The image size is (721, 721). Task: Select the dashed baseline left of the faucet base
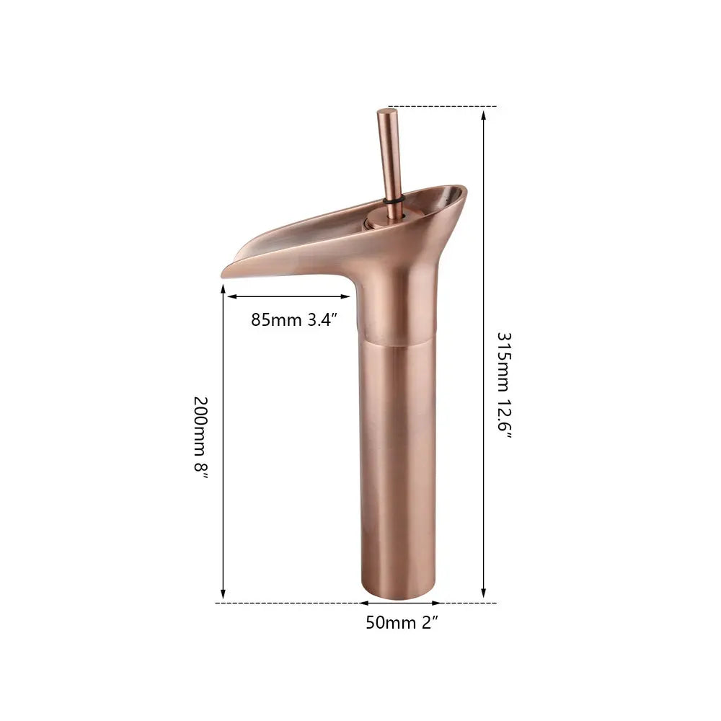[x=288, y=602]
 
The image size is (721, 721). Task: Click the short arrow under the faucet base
[x=397, y=602]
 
